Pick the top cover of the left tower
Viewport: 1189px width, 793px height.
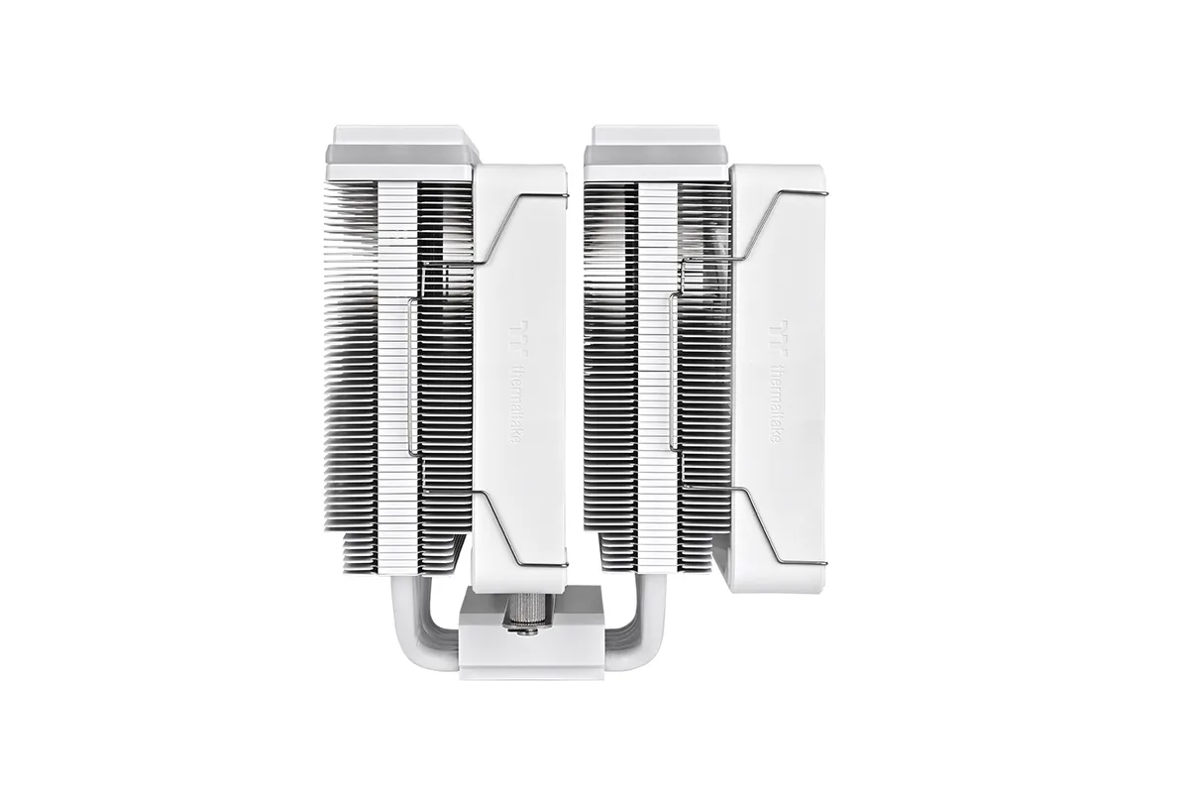pyautogui.click(x=401, y=153)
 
